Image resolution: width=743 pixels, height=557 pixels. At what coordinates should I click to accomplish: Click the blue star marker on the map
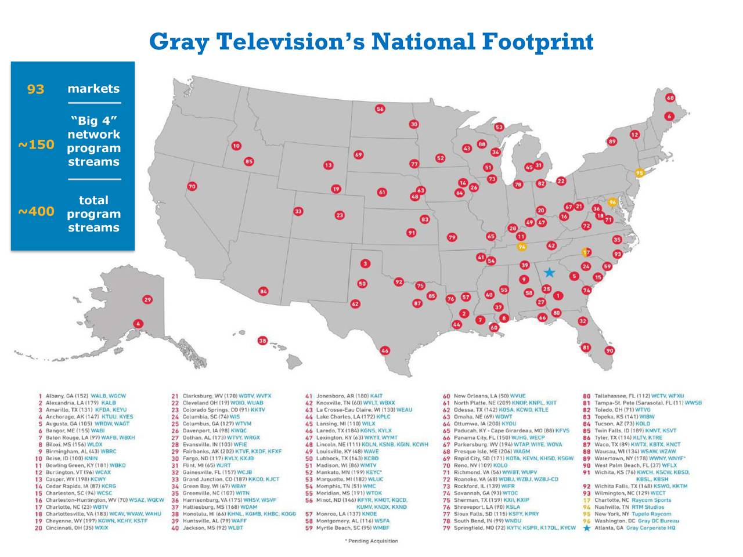[x=549, y=272]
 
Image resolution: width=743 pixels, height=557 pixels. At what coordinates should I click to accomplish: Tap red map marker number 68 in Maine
[x=670, y=97]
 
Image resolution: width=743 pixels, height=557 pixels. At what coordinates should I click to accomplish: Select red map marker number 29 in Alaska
[x=148, y=299]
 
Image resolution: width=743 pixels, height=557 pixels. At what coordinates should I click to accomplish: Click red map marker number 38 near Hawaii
[x=263, y=341]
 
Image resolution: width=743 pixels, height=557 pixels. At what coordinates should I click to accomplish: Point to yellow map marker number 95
[x=640, y=173]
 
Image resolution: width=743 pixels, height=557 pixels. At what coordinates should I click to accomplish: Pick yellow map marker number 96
[x=612, y=202]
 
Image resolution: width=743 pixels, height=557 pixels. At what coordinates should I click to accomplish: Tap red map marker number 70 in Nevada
[x=192, y=186]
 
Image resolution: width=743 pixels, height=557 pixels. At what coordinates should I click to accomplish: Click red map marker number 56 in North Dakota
[x=380, y=108]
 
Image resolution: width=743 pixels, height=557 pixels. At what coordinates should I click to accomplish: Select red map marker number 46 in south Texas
[x=385, y=350]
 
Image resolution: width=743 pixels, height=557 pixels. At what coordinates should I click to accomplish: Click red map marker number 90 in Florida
[x=609, y=350]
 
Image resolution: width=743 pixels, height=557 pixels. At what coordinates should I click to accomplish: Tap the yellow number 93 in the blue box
[x=35, y=89]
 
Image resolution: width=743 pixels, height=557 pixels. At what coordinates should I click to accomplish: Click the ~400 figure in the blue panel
[x=36, y=212]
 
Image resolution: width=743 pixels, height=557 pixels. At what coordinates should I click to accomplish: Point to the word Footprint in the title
[x=537, y=42]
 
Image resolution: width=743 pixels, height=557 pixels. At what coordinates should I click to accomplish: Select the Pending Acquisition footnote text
[x=371, y=541]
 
